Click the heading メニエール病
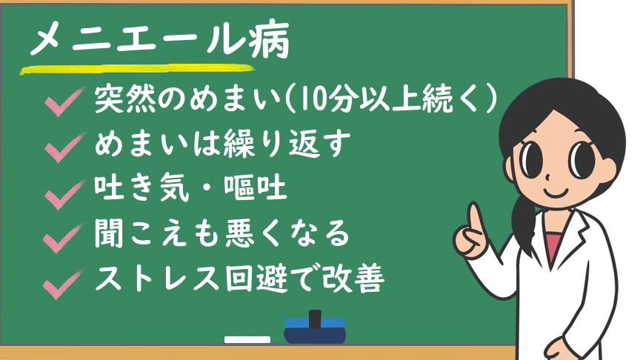159,39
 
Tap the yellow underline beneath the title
138,70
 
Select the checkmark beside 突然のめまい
64,101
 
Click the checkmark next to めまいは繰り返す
64,147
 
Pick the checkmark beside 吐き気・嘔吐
64,194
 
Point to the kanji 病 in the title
269,39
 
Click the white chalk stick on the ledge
247,339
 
